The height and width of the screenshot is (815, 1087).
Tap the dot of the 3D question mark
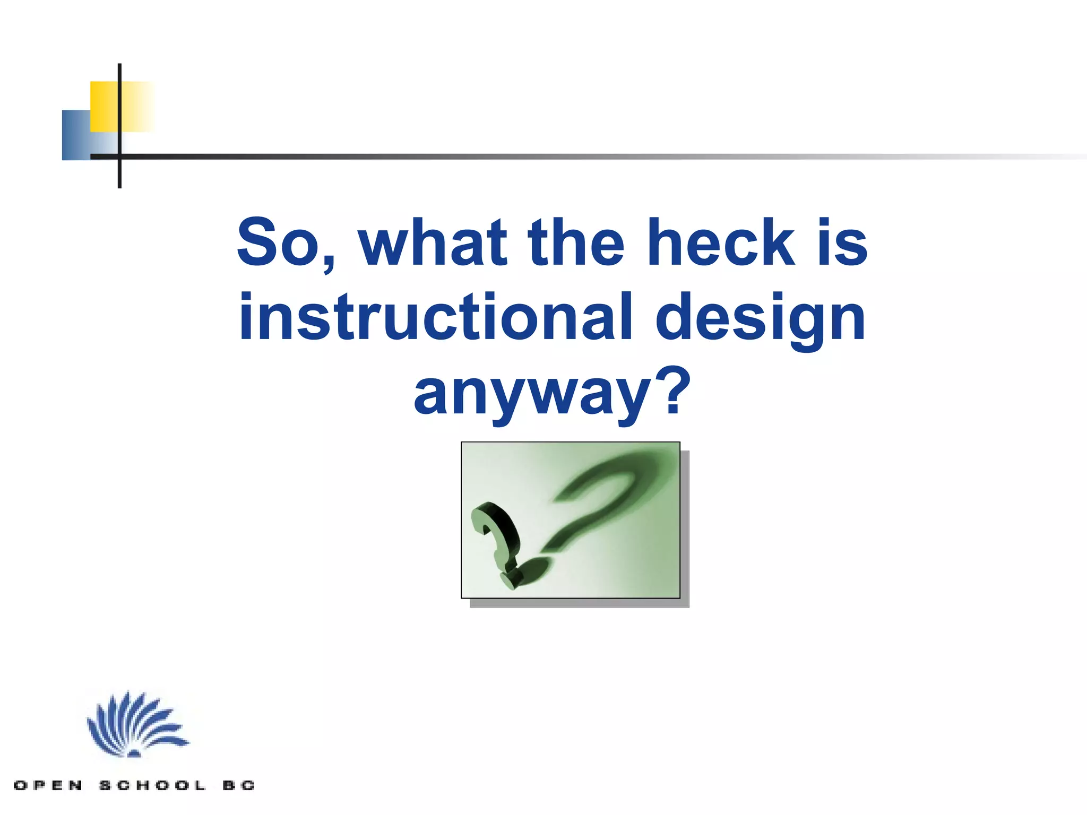(511, 579)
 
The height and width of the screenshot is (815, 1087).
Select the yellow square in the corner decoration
(105, 106)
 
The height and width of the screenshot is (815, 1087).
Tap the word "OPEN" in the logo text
(48, 785)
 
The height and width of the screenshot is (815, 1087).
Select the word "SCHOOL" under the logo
(152, 785)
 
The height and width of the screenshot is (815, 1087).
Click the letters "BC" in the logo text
(239, 785)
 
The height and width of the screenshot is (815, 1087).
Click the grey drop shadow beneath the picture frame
(579, 603)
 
